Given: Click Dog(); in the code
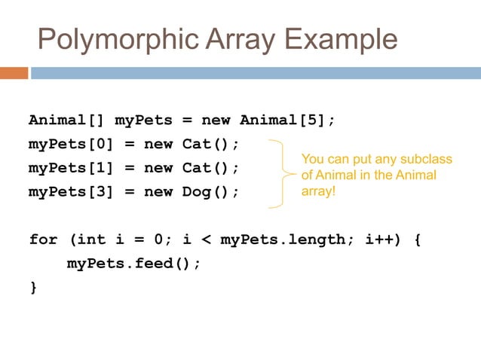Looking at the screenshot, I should [x=210, y=191].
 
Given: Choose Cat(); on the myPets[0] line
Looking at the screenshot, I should [x=210, y=144].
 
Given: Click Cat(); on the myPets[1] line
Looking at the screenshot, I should [x=210, y=167].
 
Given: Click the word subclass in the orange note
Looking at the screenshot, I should [x=427, y=160].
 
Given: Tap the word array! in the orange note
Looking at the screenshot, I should [x=318, y=191].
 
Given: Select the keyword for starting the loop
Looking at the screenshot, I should [x=43, y=239].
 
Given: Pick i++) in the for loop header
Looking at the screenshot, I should [x=383, y=239].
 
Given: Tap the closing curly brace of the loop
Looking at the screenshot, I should [x=33, y=287].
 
